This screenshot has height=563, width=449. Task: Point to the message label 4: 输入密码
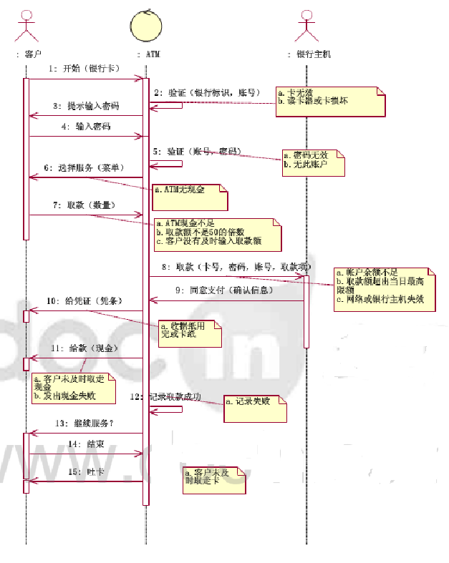pos(86,126)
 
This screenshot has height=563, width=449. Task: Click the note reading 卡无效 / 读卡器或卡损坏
pos(329,101)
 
